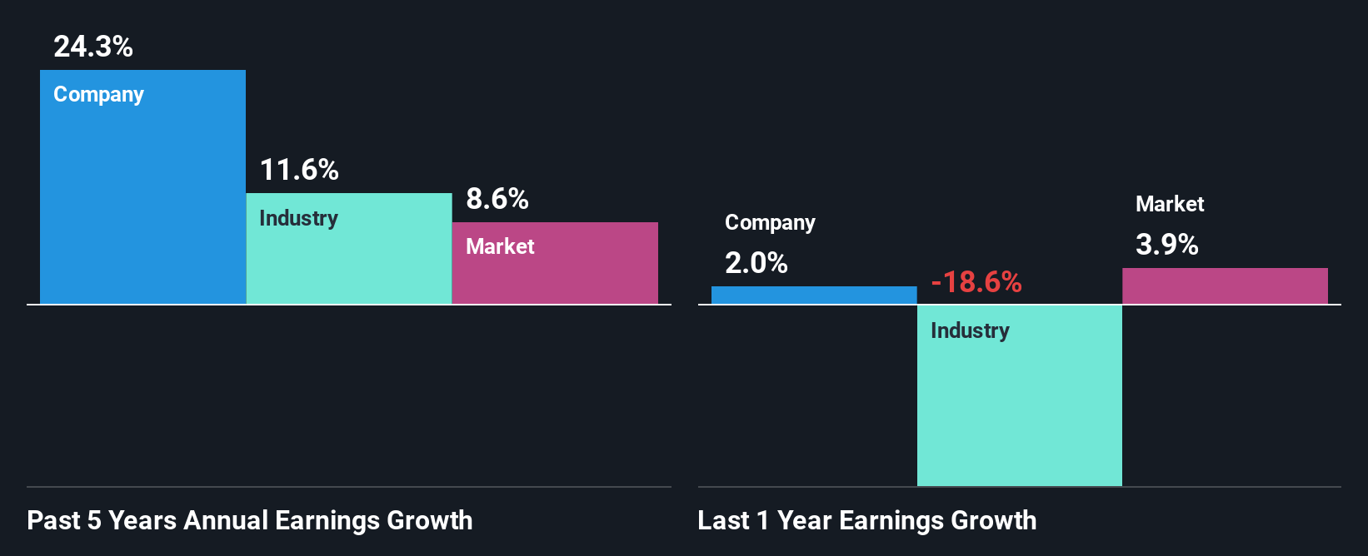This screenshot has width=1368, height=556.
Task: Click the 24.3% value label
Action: tap(93, 47)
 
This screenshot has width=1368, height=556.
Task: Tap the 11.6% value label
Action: tap(299, 170)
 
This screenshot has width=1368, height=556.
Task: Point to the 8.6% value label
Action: tap(497, 199)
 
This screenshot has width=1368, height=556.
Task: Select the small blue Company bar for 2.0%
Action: tap(814, 295)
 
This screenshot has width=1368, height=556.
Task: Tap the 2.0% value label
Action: tap(756, 263)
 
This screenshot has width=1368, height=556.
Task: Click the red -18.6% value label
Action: tap(976, 282)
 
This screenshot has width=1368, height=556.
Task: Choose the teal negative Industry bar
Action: tap(1019, 408)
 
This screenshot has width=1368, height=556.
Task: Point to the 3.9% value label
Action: tap(1167, 245)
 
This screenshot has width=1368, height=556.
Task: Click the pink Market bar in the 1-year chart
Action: tap(1225, 285)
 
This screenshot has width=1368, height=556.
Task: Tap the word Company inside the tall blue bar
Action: tap(98, 95)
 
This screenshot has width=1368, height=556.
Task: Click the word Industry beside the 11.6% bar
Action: tap(298, 218)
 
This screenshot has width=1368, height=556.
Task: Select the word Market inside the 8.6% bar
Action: tap(500, 246)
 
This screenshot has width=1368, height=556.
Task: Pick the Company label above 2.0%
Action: tap(770, 223)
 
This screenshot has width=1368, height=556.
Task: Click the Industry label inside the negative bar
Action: tap(970, 330)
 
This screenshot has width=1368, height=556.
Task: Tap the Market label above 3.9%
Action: tap(1170, 204)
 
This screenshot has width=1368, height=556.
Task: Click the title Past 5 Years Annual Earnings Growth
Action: tap(250, 520)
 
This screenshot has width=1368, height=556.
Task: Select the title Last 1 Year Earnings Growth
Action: tap(867, 520)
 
